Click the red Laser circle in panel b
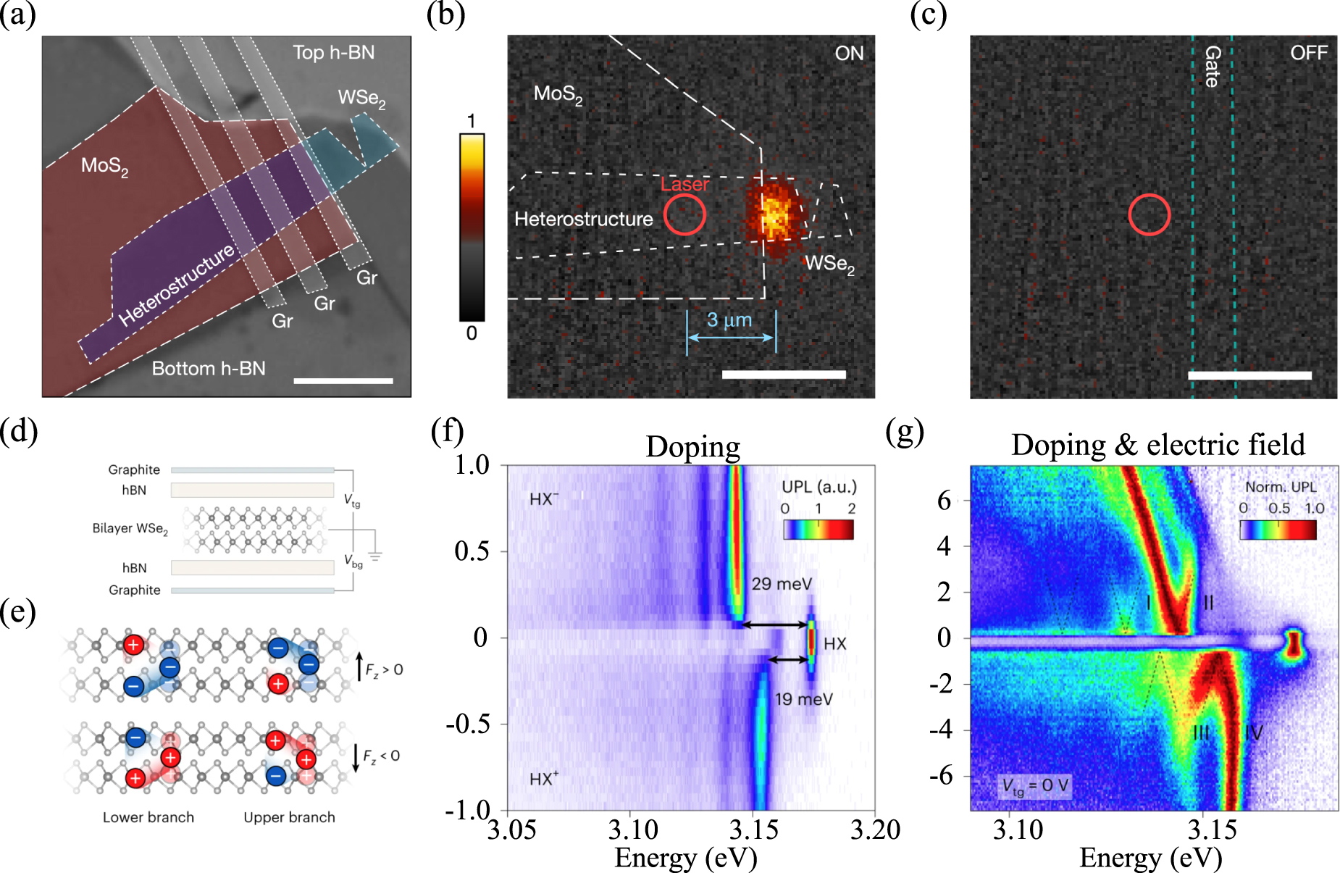684,215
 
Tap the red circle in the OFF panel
1149,215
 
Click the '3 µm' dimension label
729,320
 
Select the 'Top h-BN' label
334,53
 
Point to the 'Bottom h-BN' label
209,369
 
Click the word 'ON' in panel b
849,54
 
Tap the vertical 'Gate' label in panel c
1213,67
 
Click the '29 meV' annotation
782,584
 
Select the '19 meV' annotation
803,699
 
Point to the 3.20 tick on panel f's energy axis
874,830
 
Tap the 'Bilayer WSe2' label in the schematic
130,529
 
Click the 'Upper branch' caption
289,817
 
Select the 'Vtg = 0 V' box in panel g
1035,786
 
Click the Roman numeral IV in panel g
1254,733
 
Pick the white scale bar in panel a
343,380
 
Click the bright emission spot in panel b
774,214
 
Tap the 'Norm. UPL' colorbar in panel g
1278,530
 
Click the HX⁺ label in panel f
544,779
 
